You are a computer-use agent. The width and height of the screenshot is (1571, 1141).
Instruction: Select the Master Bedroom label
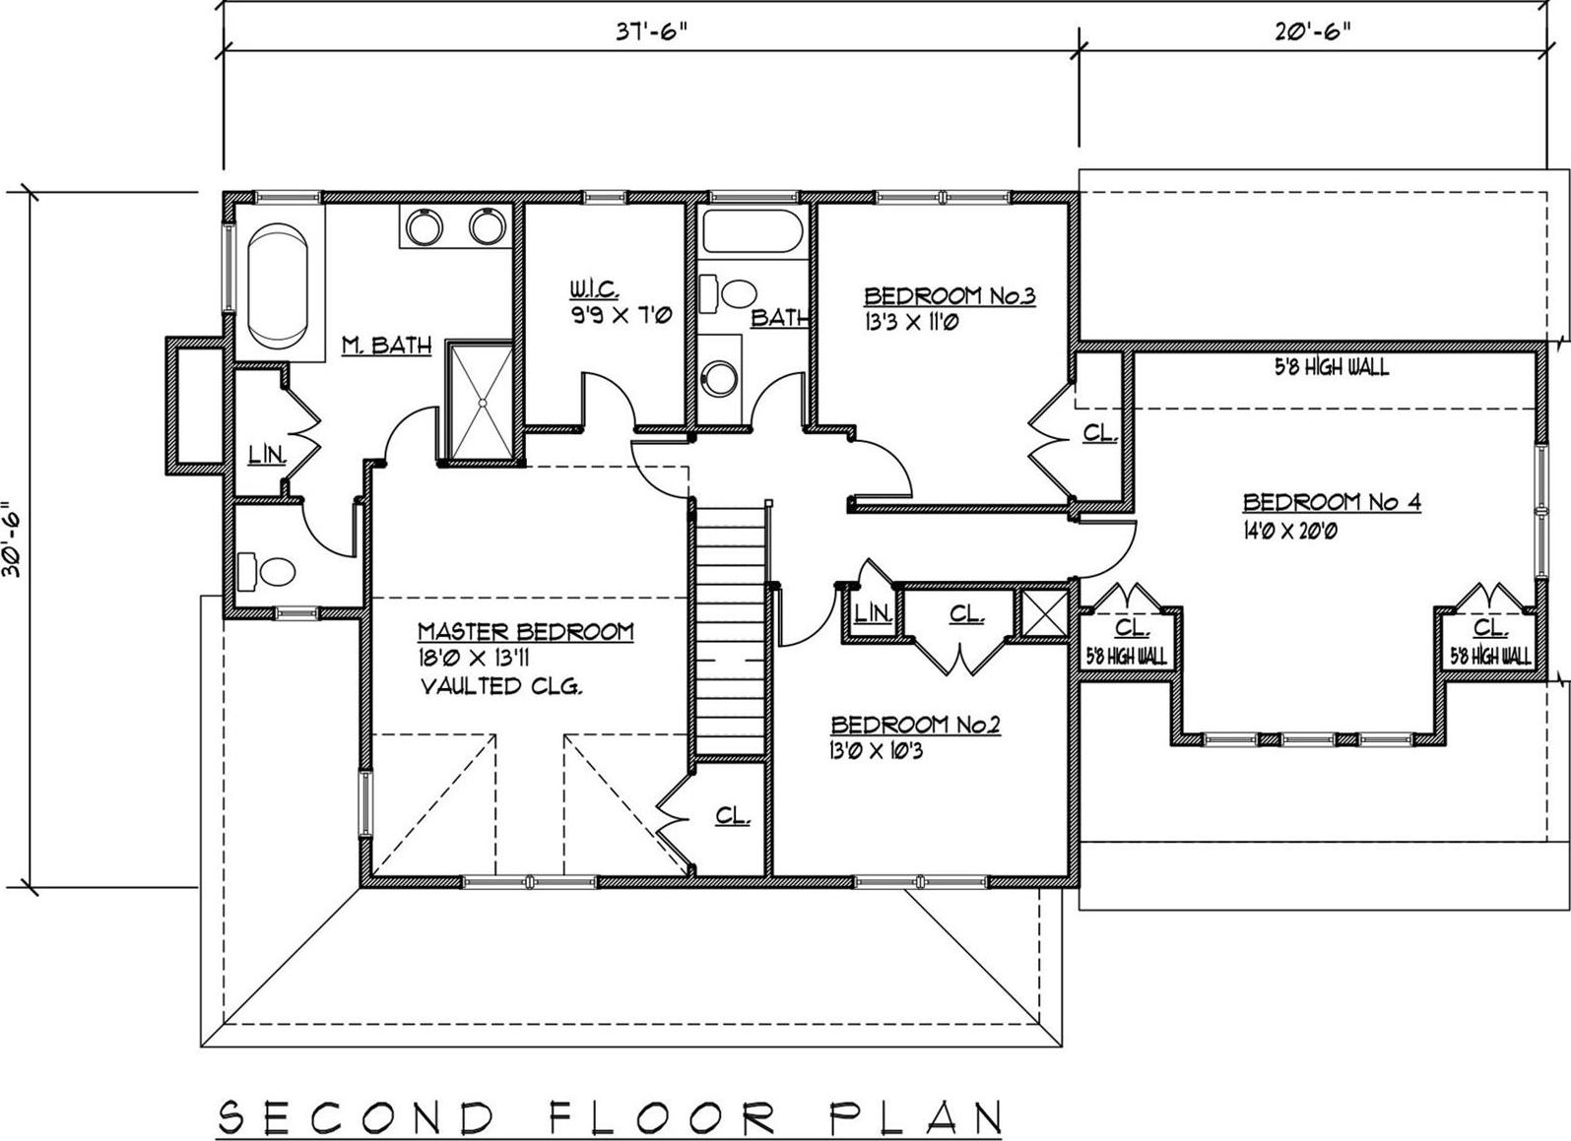tap(525, 631)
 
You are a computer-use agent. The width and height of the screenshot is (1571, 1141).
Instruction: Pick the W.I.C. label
tap(594, 289)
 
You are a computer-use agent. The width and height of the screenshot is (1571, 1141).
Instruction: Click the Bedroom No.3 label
tap(949, 295)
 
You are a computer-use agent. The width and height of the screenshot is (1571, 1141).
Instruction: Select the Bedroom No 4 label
tap(1332, 502)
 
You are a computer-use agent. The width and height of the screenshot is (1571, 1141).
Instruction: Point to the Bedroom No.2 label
tap(916, 726)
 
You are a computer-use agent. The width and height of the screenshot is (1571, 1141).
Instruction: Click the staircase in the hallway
tap(730, 630)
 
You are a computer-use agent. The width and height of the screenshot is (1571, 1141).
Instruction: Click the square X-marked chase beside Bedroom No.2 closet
tap(1043, 613)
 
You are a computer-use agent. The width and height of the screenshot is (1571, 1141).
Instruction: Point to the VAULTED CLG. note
tap(501, 686)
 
